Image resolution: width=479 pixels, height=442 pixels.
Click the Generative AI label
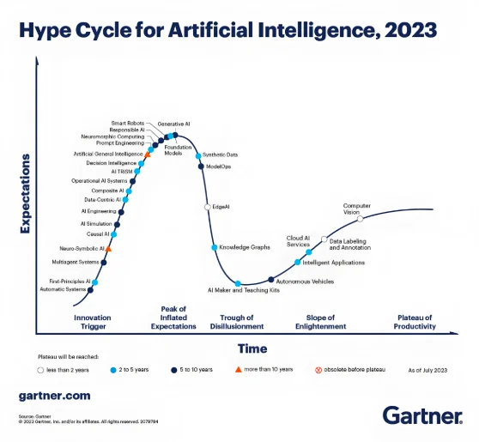click(173, 124)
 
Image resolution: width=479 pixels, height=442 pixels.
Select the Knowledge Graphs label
click(245, 247)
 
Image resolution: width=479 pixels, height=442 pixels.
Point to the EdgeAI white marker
click(207, 207)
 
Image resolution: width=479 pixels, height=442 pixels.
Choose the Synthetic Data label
click(220, 154)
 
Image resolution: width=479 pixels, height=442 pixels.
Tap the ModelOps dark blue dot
click(200, 166)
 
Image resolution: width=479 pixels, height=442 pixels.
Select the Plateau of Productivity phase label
click(413, 322)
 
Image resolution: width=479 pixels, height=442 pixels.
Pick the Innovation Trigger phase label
click(92, 322)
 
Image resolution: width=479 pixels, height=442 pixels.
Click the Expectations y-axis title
click(26, 194)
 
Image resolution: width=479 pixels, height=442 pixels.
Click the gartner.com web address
click(53, 396)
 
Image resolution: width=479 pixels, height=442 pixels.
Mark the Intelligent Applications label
click(334, 263)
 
